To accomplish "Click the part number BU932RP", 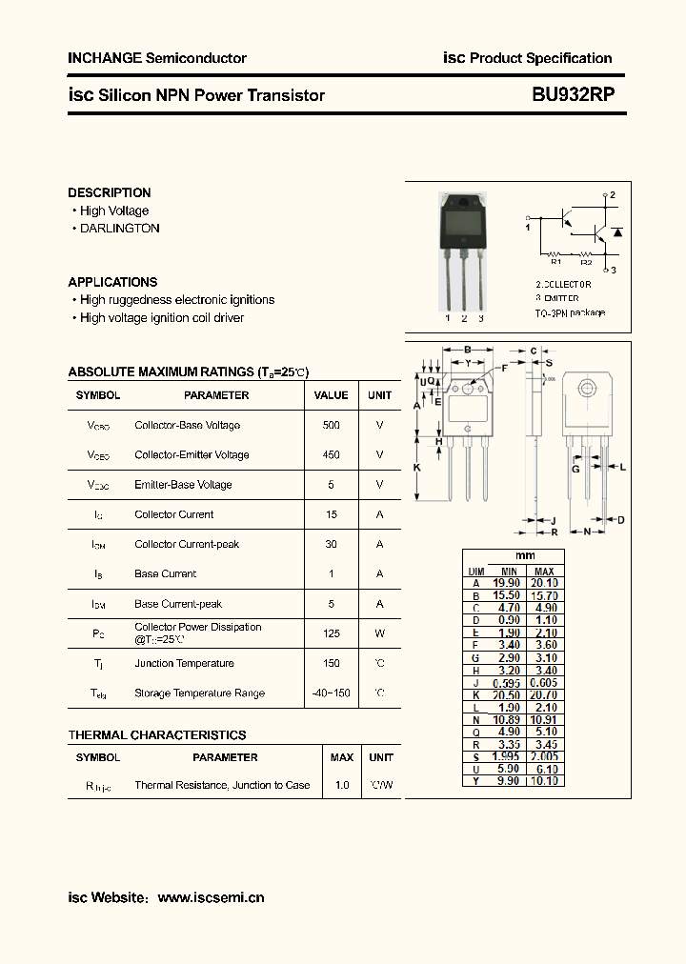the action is coord(573,94).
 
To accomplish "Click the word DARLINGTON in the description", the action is coord(119,229).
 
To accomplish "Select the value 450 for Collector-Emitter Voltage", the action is coord(331,455).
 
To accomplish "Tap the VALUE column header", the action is coord(331,395).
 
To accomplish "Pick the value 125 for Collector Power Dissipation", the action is coord(331,633).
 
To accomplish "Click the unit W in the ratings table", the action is coord(379,633).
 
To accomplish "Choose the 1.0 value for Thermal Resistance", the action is coord(341,786).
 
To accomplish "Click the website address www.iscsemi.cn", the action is coord(211,897).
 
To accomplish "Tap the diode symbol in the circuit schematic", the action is coord(617,231).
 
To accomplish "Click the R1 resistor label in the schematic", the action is coord(555,262).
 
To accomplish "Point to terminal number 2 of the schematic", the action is coord(613,195).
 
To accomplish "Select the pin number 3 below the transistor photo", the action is coord(481,319).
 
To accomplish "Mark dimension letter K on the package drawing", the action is coord(416,468).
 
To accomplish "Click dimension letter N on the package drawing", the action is coord(587,532).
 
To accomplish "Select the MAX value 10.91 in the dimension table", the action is coord(544,719).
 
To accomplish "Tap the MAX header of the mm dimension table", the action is coord(544,571).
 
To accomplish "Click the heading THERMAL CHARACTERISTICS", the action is coord(157,735).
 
